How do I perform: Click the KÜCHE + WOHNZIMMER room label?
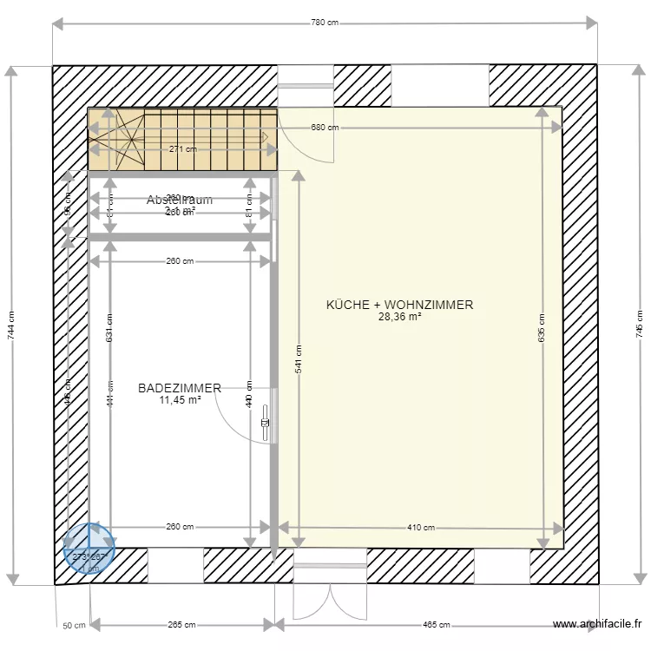399,305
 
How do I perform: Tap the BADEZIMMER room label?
180,389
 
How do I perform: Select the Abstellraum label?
180,200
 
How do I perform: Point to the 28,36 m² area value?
399,318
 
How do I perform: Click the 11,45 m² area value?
180,401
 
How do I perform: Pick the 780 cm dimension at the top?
324,23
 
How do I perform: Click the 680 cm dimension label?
325,128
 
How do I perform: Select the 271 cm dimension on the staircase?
182,148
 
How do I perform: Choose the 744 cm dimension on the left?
11,325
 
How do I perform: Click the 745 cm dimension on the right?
639,325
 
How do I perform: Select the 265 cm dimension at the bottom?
182,624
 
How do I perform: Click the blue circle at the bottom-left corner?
89,549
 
